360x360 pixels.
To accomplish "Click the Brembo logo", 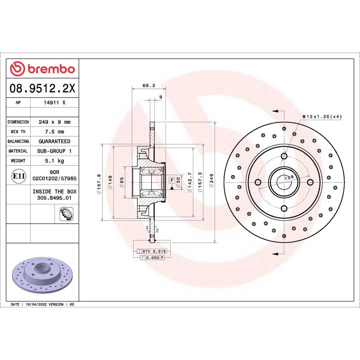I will point(42,69).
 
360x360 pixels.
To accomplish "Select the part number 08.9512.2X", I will point(42,89).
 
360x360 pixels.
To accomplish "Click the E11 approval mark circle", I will point(18,175).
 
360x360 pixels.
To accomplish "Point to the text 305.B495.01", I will point(54,198).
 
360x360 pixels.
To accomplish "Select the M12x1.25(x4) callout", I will point(322,117).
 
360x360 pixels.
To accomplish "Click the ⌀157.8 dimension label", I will point(99,183).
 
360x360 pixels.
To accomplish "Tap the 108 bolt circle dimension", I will point(289,177).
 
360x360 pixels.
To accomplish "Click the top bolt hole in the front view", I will point(284,156).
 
